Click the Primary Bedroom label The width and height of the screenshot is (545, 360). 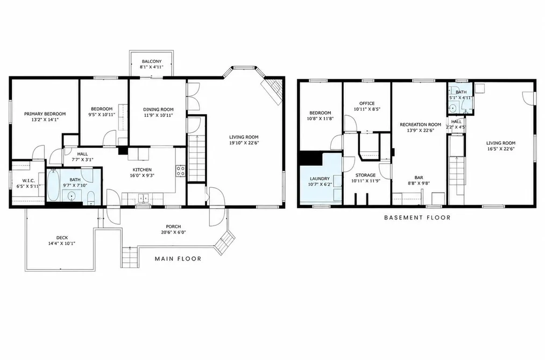[45, 114]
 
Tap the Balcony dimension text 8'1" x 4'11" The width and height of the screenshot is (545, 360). [152, 67]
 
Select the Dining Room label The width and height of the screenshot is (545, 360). [158, 109]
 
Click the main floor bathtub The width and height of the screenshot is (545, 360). [53, 185]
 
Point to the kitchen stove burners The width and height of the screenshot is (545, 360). [181, 170]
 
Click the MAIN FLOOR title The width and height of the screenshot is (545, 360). [178, 259]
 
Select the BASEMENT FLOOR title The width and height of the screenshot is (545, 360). [417, 217]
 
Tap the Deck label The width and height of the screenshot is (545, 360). [62, 238]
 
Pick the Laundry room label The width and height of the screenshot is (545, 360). [320, 179]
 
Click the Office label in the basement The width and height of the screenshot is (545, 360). [367, 103]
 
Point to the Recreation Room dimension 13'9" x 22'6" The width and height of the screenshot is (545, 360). [420, 131]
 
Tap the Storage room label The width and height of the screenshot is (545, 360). [365, 175]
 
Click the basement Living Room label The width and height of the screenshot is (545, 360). [500, 143]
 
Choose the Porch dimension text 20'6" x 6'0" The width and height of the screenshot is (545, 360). [173, 232]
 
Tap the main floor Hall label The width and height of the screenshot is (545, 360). [82, 154]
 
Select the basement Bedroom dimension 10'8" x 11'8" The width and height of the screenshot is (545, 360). [320, 118]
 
